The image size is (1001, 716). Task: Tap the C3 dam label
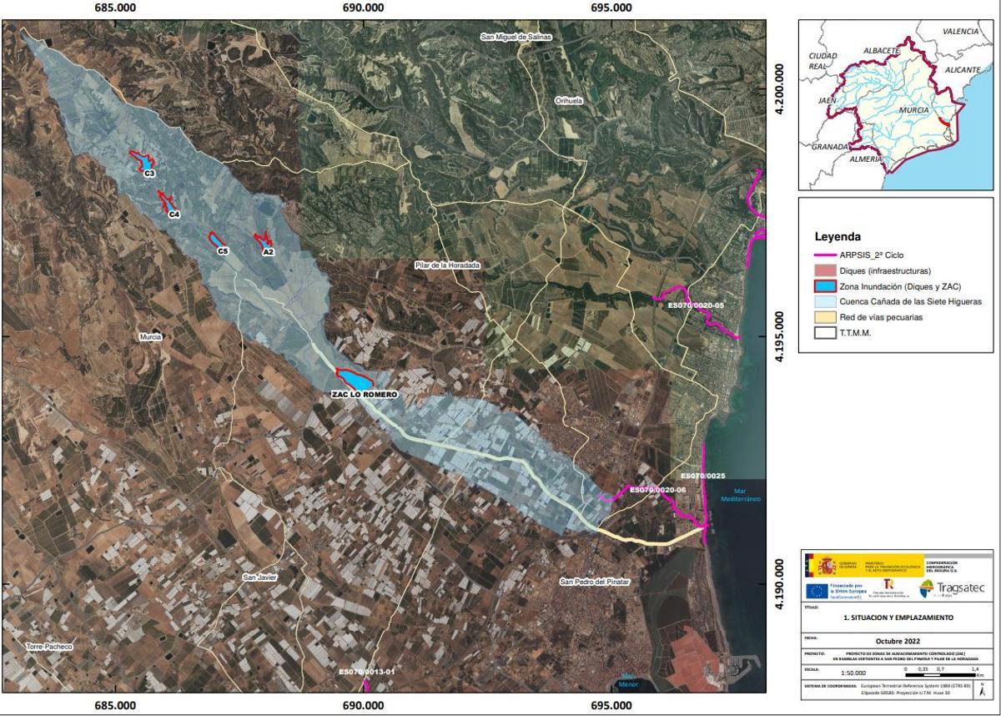point(149,174)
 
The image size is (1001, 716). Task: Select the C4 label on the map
point(174,215)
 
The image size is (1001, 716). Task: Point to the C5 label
point(223,251)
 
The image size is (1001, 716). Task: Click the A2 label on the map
point(268,251)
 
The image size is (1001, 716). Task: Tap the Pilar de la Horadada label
point(448,265)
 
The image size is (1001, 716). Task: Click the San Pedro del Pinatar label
point(595,582)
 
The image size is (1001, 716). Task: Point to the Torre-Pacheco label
point(50,647)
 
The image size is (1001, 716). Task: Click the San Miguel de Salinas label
point(516,38)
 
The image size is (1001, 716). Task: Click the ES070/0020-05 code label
point(697,305)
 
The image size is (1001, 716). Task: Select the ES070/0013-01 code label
point(366,671)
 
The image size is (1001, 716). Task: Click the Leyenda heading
point(838,236)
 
